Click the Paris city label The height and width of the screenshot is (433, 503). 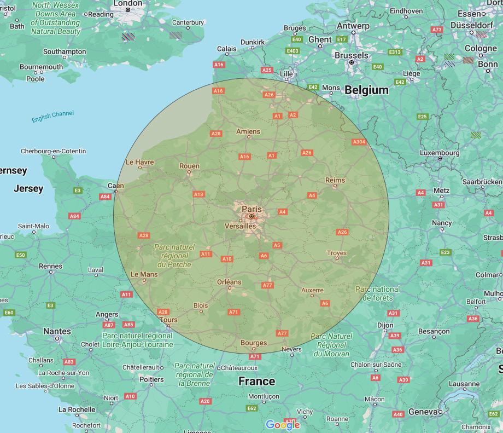[x=251, y=209]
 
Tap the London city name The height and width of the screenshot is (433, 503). [x=127, y=3]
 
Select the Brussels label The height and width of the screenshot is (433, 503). [x=352, y=55]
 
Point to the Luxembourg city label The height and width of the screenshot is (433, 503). [x=440, y=153]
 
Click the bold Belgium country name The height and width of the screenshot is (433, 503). [x=366, y=90]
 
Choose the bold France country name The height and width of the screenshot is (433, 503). [x=256, y=381]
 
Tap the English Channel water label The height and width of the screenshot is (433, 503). [x=52, y=117]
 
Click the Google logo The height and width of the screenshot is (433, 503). [x=283, y=425]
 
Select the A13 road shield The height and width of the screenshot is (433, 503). [x=198, y=194]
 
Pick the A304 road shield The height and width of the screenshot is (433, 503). [x=359, y=142]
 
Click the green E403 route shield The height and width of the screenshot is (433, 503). [x=293, y=51]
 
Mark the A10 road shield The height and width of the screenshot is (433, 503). [x=227, y=259]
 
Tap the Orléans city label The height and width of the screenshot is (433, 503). [x=229, y=282]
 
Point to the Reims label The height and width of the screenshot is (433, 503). [x=335, y=180]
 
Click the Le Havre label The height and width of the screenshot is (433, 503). [x=139, y=162]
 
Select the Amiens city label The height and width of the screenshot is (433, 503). [x=248, y=131]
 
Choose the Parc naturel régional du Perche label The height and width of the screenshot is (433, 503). [x=174, y=256]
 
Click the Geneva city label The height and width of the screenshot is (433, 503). [x=422, y=412]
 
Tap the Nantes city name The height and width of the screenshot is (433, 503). [x=57, y=331]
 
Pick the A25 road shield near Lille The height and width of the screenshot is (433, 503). [x=267, y=70]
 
